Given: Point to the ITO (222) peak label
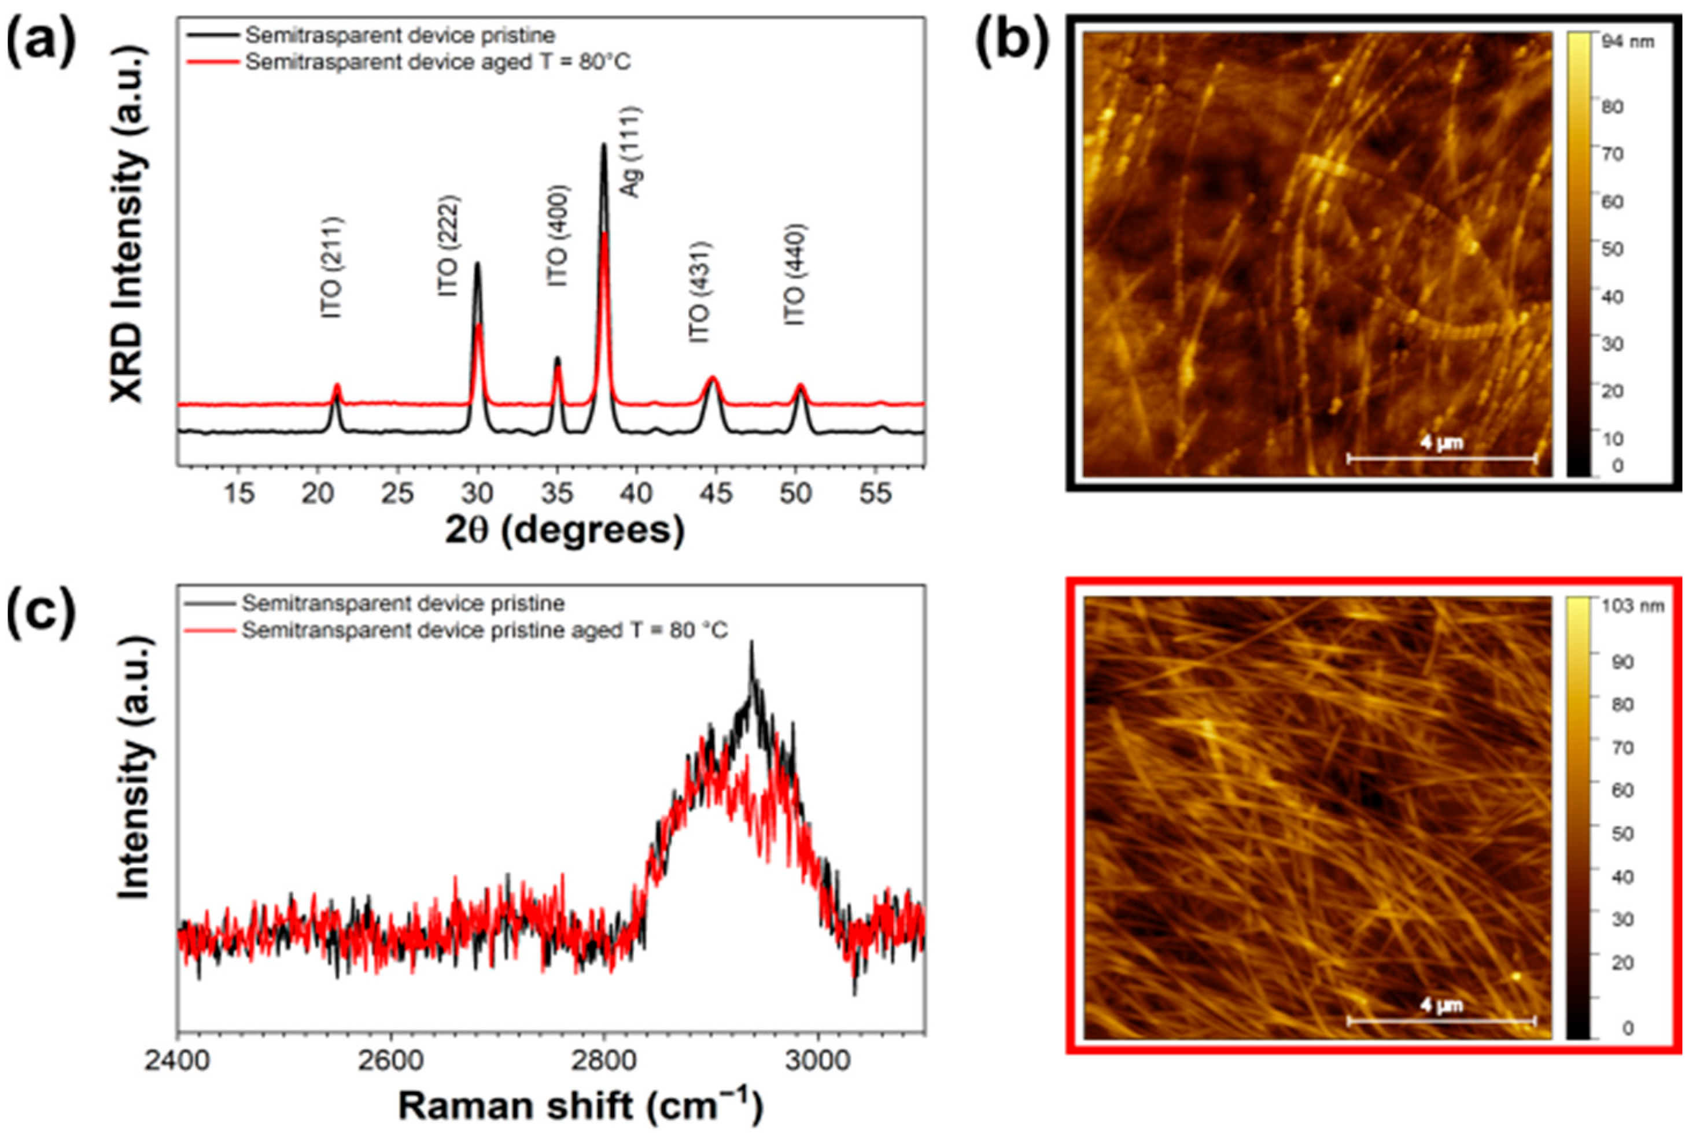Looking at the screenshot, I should tap(448, 246).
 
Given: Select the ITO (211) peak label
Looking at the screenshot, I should tap(331, 268).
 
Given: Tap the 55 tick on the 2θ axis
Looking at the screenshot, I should tap(875, 494).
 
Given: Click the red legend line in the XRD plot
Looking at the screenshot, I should tap(212, 62).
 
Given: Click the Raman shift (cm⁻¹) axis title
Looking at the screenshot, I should tap(580, 1105).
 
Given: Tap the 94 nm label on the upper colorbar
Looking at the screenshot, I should tap(1627, 42).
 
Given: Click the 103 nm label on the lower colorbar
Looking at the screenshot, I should tap(1632, 606).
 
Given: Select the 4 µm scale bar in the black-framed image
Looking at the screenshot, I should tap(1441, 458).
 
